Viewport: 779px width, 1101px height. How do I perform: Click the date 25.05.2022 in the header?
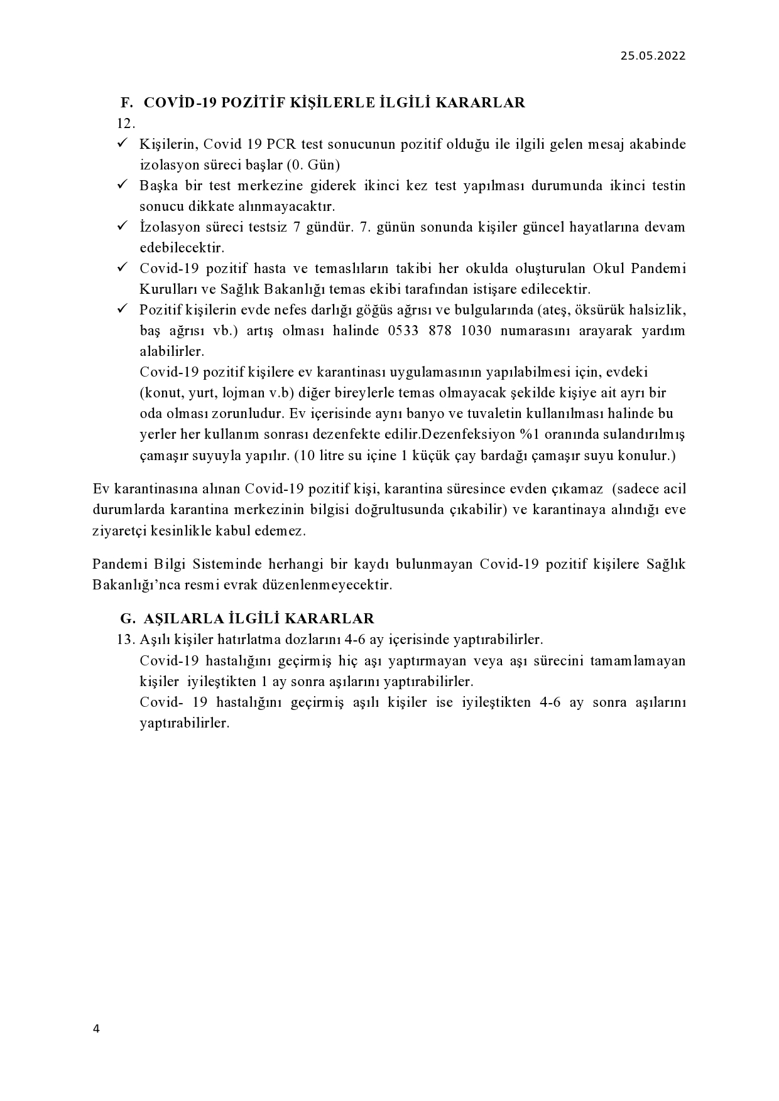click(653, 55)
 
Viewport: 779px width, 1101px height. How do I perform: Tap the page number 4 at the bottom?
click(96, 1028)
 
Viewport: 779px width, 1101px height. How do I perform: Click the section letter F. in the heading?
click(127, 103)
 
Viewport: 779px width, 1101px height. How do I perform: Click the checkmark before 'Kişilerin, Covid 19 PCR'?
click(123, 144)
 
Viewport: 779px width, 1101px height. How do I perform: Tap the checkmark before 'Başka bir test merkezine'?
click(123, 185)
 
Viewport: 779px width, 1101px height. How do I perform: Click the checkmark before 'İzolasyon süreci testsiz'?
click(123, 227)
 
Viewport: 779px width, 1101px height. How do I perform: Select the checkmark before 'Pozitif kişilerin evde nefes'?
click(123, 309)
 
